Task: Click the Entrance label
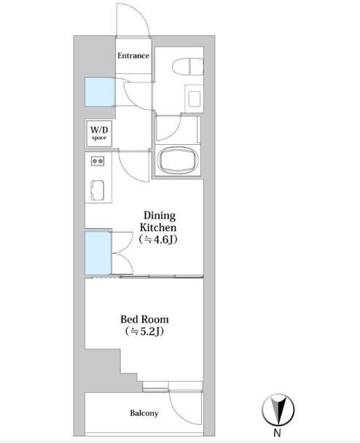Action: click(133, 55)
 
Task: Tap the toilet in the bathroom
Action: click(188, 67)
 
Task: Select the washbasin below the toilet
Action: click(194, 99)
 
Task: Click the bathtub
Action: click(178, 160)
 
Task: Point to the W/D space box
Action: click(99, 133)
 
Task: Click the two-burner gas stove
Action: click(98, 161)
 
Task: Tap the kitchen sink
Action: click(98, 190)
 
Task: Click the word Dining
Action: click(160, 216)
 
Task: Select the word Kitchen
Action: click(158, 227)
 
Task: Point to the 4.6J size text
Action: click(158, 240)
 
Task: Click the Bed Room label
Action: click(145, 320)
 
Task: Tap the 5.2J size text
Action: click(145, 331)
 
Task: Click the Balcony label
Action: click(144, 413)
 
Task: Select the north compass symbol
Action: click(278, 409)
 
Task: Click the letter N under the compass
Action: click(278, 433)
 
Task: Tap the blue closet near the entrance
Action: click(100, 92)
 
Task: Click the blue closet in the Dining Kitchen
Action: click(98, 253)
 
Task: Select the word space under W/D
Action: click(99, 138)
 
